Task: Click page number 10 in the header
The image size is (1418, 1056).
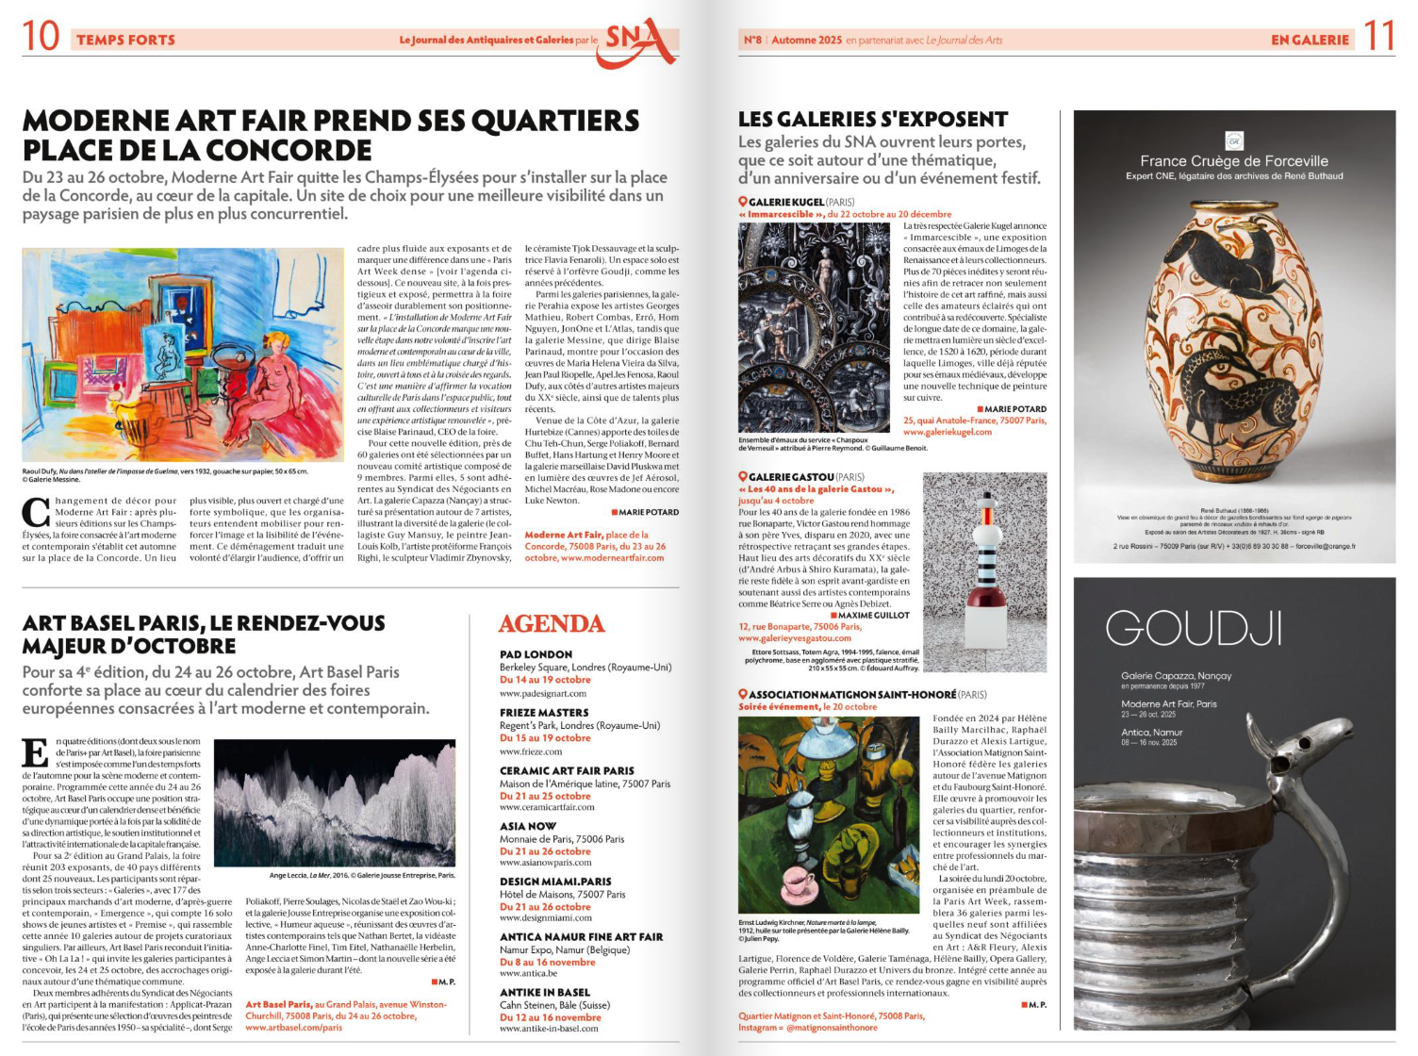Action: [x=41, y=37]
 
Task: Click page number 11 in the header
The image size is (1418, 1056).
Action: [x=1378, y=37]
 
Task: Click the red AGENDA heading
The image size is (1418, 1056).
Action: [x=551, y=624]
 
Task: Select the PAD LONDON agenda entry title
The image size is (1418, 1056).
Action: [x=536, y=654]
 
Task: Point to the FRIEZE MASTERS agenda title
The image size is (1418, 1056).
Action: [x=544, y=713]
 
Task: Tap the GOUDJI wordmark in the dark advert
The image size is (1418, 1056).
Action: [x=1194, y=628]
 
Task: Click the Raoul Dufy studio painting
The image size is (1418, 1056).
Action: [x=183, y=355]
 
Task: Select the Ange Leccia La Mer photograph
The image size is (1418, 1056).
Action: [x=335, y=802]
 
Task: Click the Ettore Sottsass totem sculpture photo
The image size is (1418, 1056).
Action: [x=984, y=571]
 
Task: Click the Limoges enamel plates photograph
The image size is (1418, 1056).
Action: [x=814, y=327]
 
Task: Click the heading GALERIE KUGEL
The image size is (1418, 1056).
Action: [x=786, y=202]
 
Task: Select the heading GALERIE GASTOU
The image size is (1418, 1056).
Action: [x=791, y=477]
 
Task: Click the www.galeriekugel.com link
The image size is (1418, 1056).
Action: [x=948, y=432]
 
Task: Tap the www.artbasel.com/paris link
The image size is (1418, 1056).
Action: [x=293, y=1028]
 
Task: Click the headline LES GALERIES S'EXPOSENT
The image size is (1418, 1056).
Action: [x=873, y=120]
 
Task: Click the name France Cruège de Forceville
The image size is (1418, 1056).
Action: [x=1233, y=161]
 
